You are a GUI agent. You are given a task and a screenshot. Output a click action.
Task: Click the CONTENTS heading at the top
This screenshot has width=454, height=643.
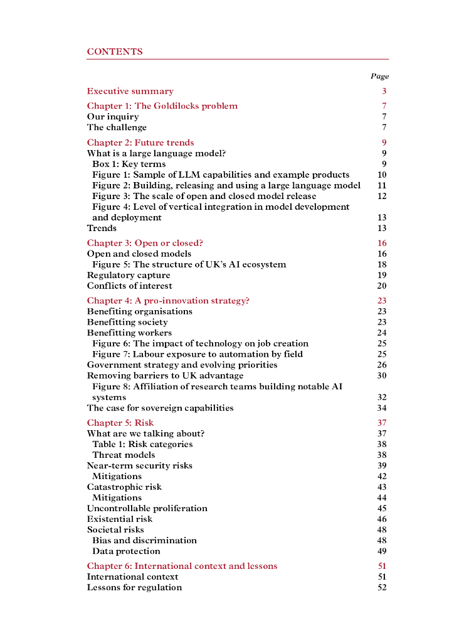point(115,52)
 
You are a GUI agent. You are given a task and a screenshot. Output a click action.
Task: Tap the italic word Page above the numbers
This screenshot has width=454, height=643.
point(379,77)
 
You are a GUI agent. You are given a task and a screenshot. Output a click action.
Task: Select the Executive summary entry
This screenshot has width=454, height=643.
point(130,92)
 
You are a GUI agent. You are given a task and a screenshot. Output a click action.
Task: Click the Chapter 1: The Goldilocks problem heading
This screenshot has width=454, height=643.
point(162,106)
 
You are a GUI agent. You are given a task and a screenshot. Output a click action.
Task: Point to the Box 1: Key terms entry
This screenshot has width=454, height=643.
point(129,165)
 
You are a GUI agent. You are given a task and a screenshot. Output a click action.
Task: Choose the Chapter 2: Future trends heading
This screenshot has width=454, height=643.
point(140,143)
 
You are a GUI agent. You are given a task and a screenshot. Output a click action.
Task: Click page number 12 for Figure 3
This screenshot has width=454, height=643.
point(382,197)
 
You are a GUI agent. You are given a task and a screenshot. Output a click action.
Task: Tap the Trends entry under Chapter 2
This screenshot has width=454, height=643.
point(102,229)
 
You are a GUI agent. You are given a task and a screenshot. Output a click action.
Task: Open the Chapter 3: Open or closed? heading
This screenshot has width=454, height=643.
point(145,244)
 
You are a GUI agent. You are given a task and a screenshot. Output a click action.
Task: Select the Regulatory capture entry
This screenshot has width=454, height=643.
point(129,276)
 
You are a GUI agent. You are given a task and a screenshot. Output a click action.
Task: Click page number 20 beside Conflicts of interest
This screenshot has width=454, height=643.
point(382,286)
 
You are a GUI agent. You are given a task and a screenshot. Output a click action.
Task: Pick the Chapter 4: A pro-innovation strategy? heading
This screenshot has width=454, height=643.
point(168,301)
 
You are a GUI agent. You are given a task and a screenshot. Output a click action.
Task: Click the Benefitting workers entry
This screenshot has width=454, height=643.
point(129,333)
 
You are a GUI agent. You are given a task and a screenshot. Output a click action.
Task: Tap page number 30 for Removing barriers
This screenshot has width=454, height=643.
point(382,376)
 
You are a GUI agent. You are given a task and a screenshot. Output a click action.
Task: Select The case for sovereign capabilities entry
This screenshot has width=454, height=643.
point(160,408)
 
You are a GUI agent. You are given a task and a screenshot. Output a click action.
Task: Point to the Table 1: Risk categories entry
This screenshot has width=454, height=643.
point(142,445)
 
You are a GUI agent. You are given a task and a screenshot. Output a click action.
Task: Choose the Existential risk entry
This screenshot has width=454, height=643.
point(120,519)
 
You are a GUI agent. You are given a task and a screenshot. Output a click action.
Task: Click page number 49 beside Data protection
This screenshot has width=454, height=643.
point(382,551)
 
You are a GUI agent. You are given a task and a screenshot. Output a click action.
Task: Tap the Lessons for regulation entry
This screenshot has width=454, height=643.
point(134,588)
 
